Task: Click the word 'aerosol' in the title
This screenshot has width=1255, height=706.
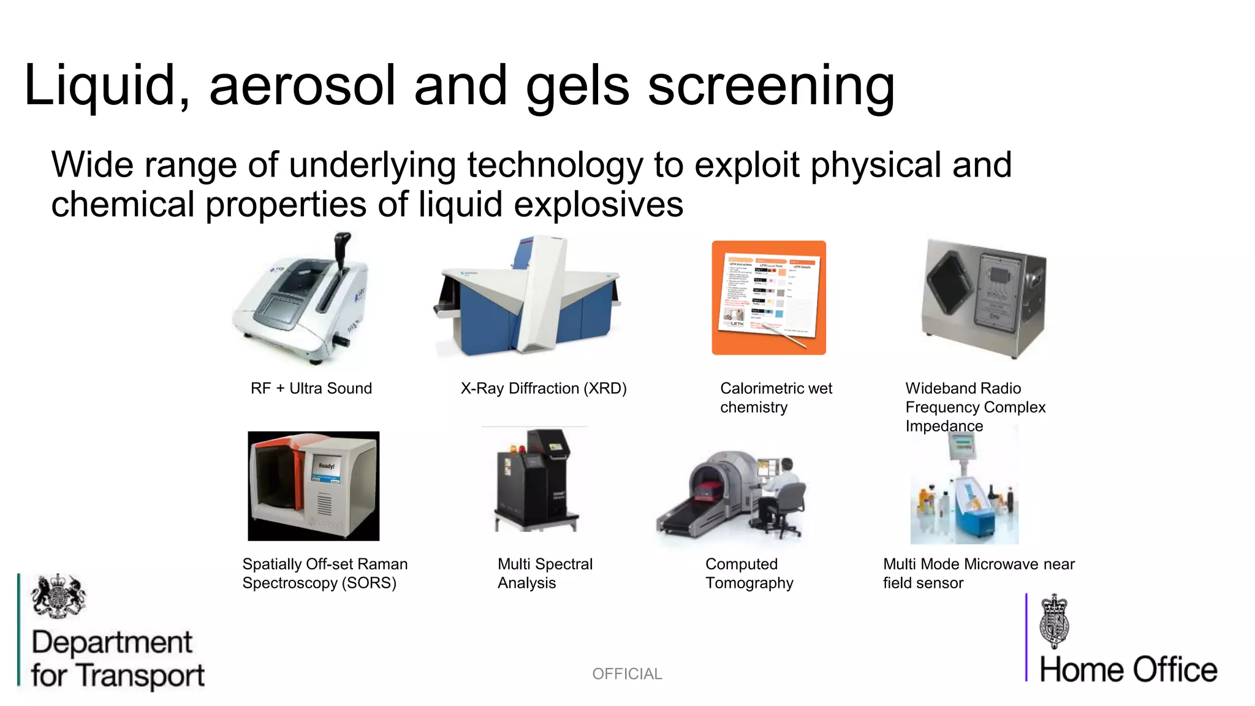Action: pyautogui.click(x=303, y=86)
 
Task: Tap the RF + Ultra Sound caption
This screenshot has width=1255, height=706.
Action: pyautogui.click(x=311, y=389)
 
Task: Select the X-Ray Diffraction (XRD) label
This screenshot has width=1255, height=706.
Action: pyautogui.click(x=544, y=389)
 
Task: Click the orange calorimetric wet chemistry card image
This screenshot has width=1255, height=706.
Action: pyautogui.click(x=768, y=298)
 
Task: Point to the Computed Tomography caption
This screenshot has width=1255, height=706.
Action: pyautogui.click(x=749, y=574)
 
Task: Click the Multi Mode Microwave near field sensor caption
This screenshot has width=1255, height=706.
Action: pyautogui.click(x=978, y=574)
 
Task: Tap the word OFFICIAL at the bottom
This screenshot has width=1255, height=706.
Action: pyautogui.click(x=627, y=674)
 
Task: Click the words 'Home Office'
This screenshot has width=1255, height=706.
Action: pyautogui.click(x=1128, y=670)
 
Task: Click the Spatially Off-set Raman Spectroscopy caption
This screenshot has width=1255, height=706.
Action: pyautogui.click(x=325, y=574)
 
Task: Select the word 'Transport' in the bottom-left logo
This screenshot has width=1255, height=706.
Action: pyautogui.click(x=142, y=676)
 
